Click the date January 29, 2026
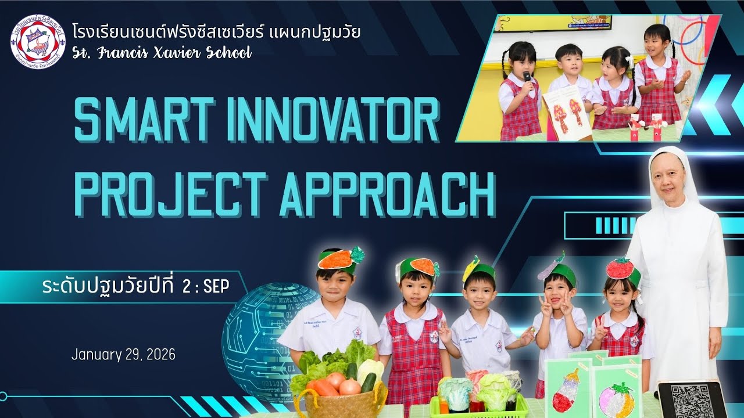[x=123, y=355]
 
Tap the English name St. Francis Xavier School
[x=162, y=53]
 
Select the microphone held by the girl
[x=527, y=77]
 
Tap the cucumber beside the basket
[x=369, y=381]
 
